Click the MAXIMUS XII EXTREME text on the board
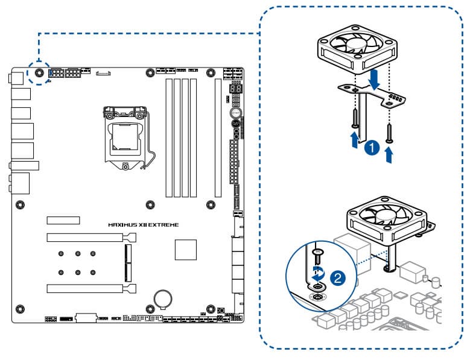(x=143, y=225)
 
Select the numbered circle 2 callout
(x=339, y=278)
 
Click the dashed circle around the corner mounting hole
(x=39, y=72)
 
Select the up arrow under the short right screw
(x=390, y=156)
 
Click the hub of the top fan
(x=356, y=45)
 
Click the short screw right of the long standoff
(x=390, y=132)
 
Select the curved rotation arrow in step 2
(x=317, y=270)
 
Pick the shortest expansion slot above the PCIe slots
(x=65, y=219)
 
